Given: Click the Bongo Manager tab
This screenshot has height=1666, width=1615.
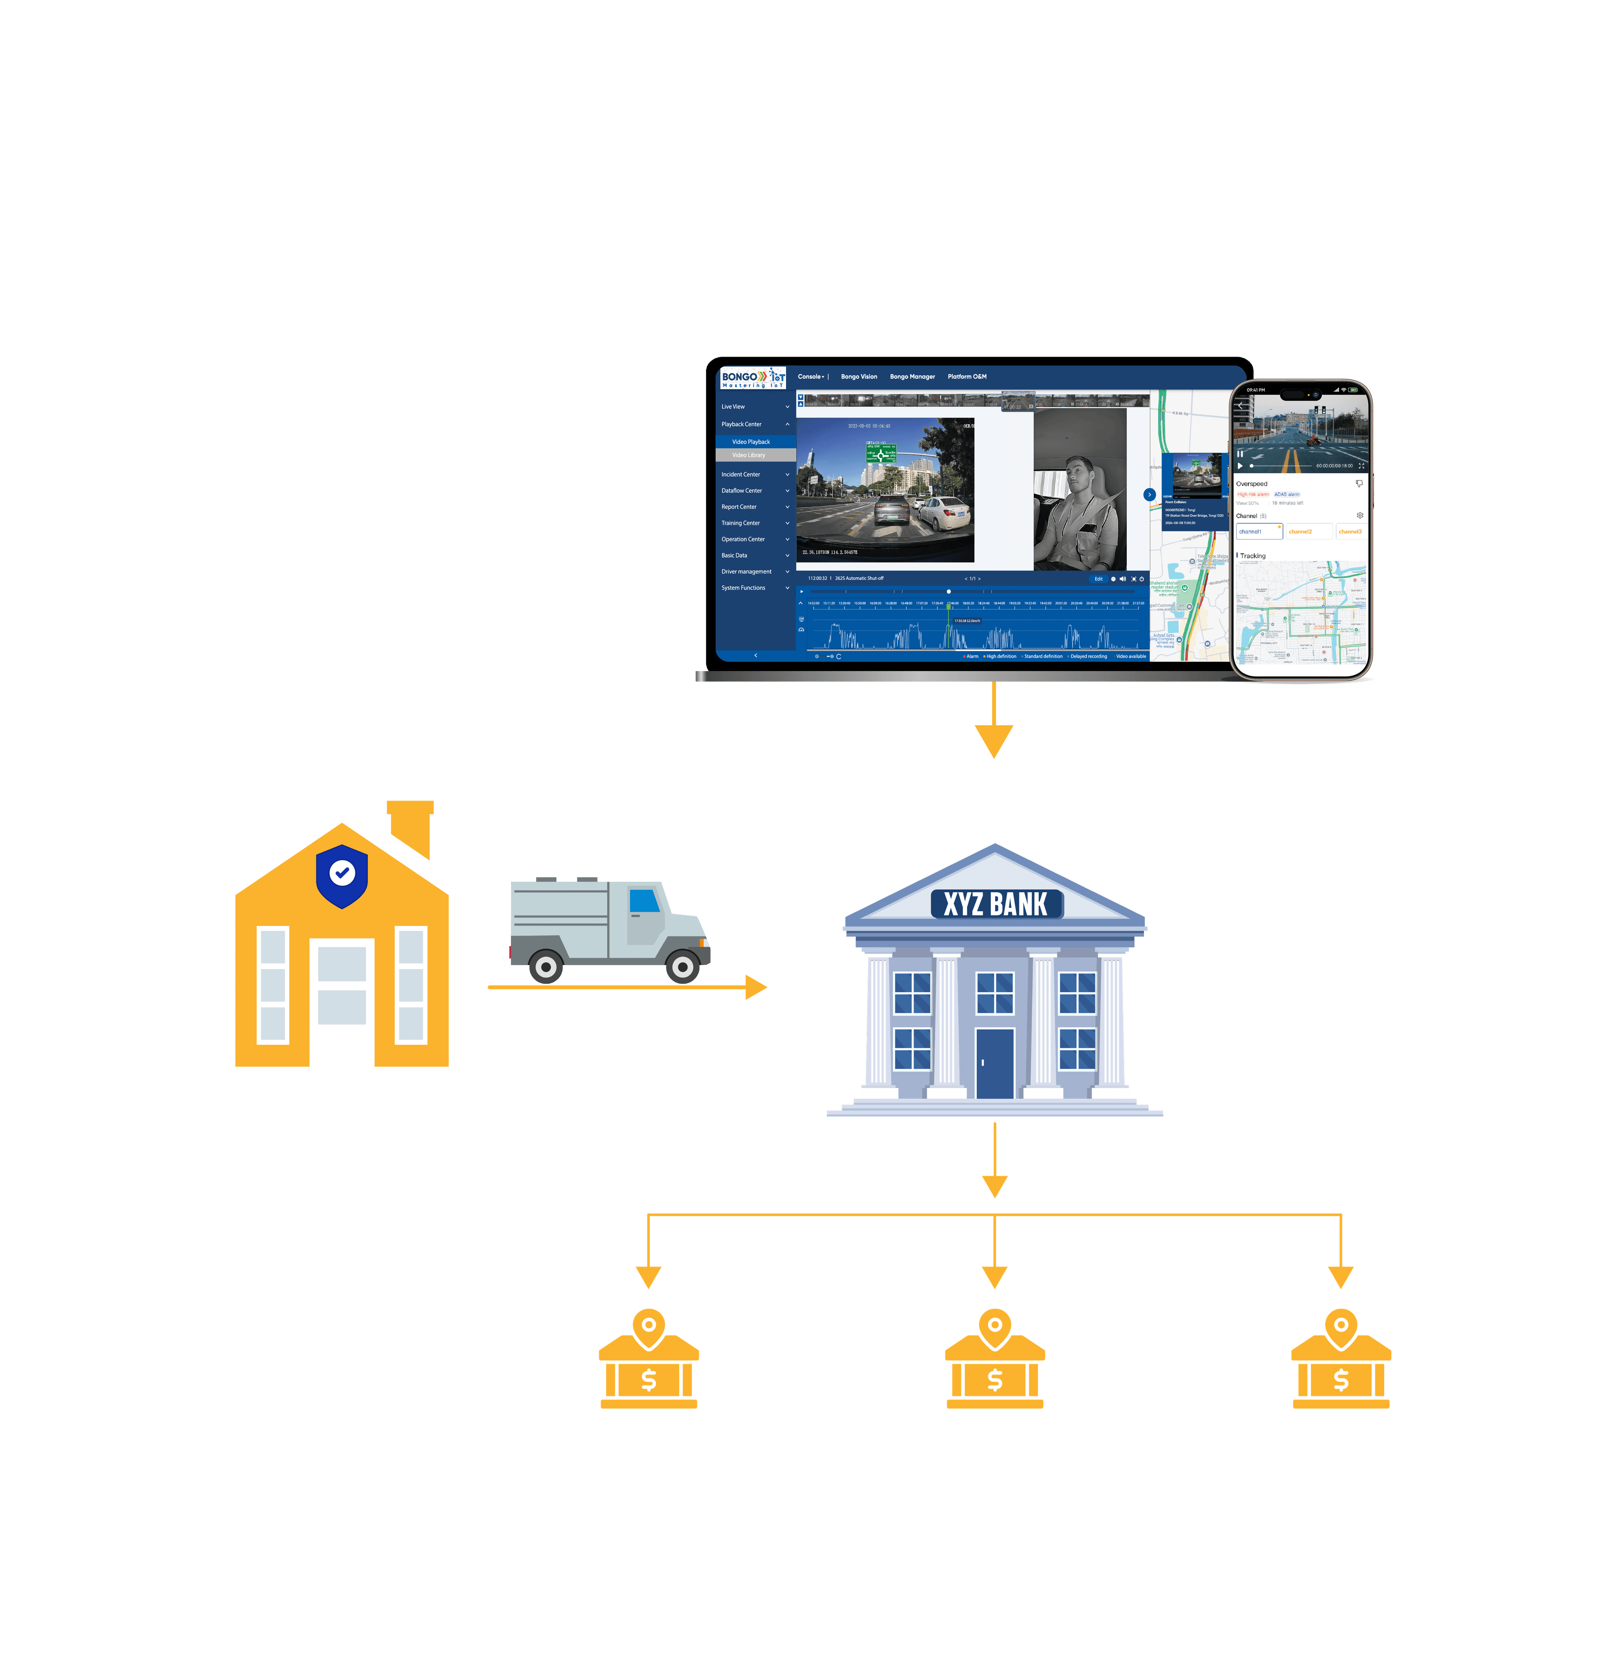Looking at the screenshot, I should pyautogui.click(x=912, y=376).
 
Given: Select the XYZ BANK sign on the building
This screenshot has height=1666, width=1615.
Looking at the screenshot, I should pyautogui.click(x=995, y=904).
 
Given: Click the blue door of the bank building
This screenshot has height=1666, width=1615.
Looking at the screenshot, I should pyautogui.click(x=995, y=1063).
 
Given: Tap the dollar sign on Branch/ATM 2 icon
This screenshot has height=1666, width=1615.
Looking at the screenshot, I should pyautogui.click(x=995, y=1380).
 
